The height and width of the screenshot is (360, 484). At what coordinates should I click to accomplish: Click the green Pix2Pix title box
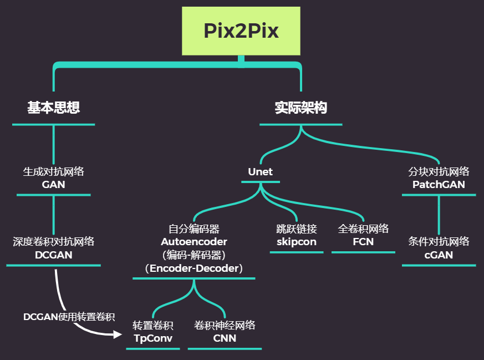click(241, 31)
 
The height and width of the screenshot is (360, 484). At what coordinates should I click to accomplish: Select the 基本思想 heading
click(53, 108)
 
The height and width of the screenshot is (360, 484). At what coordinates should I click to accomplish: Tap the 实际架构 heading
click(301, 108)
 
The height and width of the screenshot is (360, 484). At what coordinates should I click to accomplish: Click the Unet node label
click(260, 171)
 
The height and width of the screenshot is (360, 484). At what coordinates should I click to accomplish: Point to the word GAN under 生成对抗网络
click(53, 185)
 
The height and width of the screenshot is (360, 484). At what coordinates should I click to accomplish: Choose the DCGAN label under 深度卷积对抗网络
click(53, 255)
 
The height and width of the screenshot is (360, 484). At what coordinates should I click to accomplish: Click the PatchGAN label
click(439, 185)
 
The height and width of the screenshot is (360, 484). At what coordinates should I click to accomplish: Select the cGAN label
click(439, 255)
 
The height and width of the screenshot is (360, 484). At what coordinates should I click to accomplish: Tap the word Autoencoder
click(194, 242)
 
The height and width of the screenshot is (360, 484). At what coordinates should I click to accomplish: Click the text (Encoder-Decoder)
click(194, 268)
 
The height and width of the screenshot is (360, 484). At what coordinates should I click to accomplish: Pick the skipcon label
click(297, 242)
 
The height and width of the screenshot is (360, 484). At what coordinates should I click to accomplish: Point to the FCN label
click(363, 242)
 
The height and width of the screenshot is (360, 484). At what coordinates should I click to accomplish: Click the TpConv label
click(153, 338)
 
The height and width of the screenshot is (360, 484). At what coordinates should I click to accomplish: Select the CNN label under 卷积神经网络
click(225, 338)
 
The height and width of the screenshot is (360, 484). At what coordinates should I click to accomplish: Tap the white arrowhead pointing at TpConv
click(118, 334)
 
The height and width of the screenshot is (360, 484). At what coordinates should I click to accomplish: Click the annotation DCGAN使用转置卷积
click(69, 317)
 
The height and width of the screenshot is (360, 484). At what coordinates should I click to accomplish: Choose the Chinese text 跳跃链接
click(297, 229)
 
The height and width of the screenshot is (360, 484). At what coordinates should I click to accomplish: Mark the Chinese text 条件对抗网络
click(439, 242)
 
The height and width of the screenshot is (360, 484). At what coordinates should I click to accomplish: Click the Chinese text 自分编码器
click(194, 229)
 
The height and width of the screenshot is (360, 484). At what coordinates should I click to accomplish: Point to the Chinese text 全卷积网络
click(363, 229)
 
